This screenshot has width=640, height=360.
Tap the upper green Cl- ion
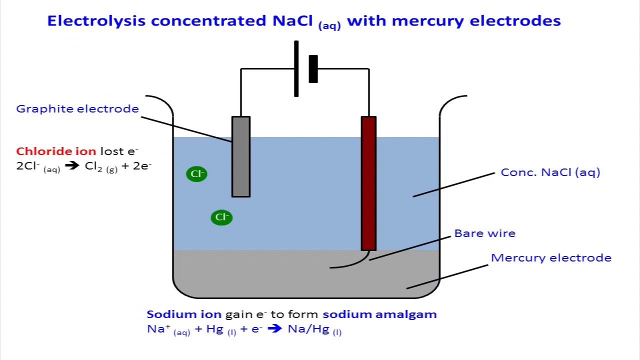[x=196, y=174]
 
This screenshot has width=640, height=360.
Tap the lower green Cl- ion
[x=221, y=217]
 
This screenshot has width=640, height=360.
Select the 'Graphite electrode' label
[x=77, y=109]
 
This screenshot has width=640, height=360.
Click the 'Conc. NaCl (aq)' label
[x=550, y=172]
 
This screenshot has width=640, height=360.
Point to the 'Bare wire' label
[x=484, y=233]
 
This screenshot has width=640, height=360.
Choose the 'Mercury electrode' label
[x=551, y=258]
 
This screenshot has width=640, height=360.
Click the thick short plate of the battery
[x=313, y=69]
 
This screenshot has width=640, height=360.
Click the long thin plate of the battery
[x=296, y=69]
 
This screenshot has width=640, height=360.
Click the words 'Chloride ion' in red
[x=56, y=151]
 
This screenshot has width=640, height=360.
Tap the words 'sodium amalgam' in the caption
[x=379, y=314]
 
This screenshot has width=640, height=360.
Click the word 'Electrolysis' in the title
[x=96, y=21]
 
